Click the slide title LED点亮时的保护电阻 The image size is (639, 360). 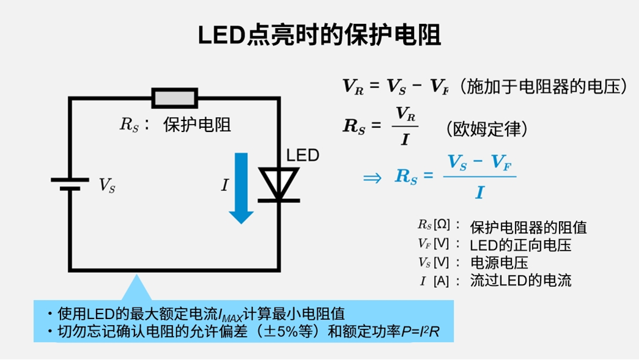319,35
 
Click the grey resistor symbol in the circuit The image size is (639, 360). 175,98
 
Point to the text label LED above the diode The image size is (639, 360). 303,155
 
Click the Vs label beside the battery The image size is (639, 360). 107,185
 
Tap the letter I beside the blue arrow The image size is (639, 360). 224,185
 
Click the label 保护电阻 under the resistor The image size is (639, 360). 197,125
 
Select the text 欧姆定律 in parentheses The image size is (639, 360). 486,129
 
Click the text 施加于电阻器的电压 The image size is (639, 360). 544,87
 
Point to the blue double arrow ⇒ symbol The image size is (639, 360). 372,177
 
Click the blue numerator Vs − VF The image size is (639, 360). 479,163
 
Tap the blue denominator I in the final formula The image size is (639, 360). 479,193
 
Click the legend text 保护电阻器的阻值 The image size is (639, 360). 528,227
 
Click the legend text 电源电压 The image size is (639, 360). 499,263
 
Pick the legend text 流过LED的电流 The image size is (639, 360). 520,281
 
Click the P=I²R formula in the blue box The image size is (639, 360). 428,331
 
